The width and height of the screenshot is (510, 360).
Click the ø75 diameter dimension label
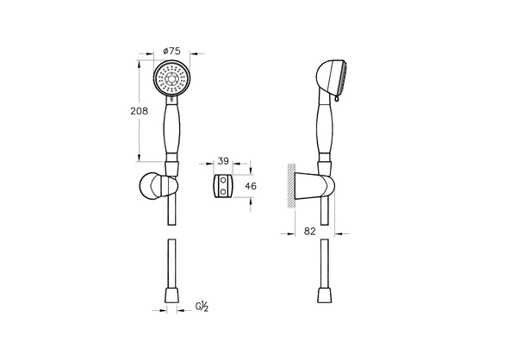click(x=171, y=51)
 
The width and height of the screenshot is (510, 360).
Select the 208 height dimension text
click(x=140, y=111)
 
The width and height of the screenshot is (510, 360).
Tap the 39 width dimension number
click(x=223, y=161)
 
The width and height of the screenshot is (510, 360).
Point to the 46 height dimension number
click(x=251, y=186)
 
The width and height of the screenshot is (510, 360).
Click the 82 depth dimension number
click(x=309, y=231)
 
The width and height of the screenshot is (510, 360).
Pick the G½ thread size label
click(x=202, y=306)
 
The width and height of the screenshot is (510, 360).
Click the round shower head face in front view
click(x=171, y=78)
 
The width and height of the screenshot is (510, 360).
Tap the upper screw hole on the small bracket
click(x=223, y=179)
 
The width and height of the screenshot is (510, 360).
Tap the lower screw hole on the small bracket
click(x=223, y=191)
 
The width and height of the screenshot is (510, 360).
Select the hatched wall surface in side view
click(x=291, y=186)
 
